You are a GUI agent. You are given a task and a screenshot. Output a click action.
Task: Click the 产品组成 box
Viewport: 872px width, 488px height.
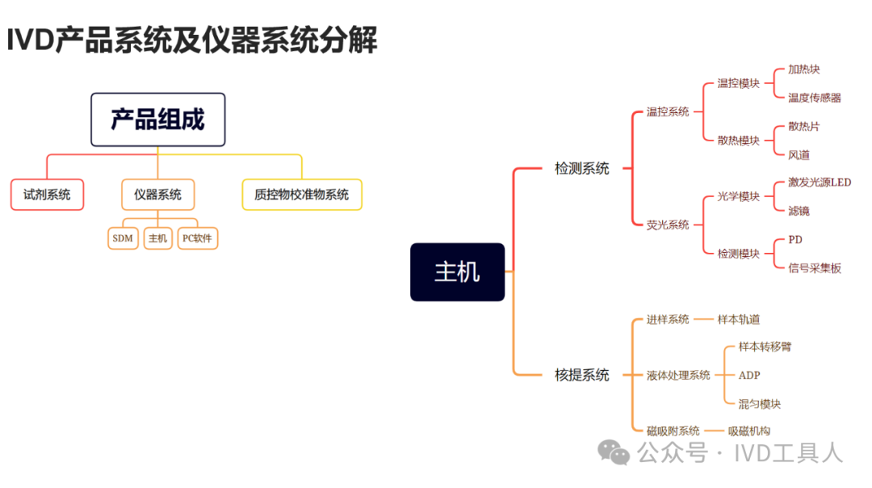click(x=158, y=120)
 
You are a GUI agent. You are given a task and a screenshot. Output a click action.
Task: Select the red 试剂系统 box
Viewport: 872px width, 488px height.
click(x=48, y=195)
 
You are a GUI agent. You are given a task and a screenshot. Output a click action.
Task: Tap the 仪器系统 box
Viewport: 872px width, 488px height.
click(x=158, y=195)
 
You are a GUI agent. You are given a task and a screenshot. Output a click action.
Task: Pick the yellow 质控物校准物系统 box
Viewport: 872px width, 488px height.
click(x=302, y=195)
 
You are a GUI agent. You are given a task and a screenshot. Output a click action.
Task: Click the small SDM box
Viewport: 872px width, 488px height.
click(x=123, y=238)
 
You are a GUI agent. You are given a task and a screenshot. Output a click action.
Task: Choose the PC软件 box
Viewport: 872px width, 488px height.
click(x=198, y=238)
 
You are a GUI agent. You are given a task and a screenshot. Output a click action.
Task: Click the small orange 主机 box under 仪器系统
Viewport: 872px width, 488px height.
click(x=158, y=238)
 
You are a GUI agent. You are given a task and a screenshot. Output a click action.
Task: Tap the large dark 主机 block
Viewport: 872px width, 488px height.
click(x=458, y=272)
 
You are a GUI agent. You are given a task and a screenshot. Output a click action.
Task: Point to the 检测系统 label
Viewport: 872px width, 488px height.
click(x=581, y=168)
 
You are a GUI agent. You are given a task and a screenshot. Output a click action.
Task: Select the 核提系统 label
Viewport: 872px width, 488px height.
click(x=581, y=375)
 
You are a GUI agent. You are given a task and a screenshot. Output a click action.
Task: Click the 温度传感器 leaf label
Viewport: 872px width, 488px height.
click(x=814, y=98)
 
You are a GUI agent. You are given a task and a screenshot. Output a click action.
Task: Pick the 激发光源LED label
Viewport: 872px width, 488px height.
click(x=820, y=183)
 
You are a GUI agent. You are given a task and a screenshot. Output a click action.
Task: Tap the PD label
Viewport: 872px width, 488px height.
click(x=795, y=240)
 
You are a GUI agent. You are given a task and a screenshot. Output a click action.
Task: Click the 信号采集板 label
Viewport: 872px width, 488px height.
click(x=814, y=268)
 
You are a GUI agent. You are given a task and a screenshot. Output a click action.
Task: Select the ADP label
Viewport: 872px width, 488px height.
click(x=749, y=376)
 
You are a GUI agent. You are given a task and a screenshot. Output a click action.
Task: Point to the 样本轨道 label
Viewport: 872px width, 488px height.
click(x=738, y=319)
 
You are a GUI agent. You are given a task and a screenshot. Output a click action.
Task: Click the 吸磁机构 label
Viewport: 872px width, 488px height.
click(x=749, y=431)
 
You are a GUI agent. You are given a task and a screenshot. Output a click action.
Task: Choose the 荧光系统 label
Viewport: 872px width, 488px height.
click(x=668, y=225)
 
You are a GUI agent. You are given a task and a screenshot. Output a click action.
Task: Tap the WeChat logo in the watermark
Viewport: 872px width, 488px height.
click(x=614, y=452)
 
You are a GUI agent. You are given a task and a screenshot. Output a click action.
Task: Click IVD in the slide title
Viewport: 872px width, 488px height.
click(x=31, y=40)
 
